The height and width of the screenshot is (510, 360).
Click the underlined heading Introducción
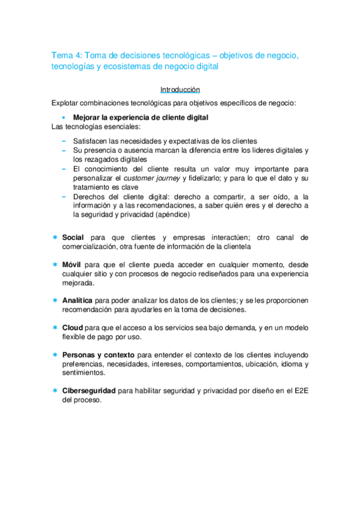tap(180, 89)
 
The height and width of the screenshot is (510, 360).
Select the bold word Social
tap(73, 238)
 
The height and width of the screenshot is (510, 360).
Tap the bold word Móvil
tap(72, 264)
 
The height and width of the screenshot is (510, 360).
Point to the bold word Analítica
tap(78, 300)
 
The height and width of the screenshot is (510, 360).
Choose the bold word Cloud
tap(73, 327)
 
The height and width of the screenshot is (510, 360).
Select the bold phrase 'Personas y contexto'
tap(99, 355)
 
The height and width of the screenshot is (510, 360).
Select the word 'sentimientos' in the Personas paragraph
tap(83, 373)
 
